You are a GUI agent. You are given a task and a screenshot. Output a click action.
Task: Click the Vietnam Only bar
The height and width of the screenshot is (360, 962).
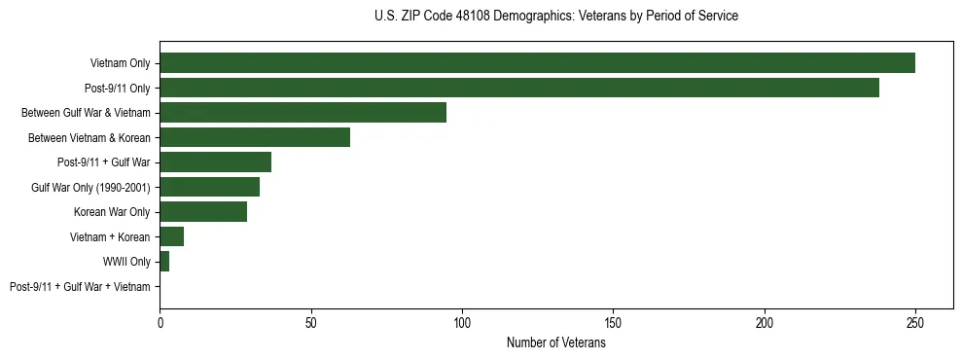537,63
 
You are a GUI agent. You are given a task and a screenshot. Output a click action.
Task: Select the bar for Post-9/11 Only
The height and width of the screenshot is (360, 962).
519,88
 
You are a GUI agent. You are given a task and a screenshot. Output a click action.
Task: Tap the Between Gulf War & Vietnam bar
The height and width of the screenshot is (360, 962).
303,113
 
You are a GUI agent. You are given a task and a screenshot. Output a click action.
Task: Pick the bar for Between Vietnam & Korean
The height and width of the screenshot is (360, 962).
255,137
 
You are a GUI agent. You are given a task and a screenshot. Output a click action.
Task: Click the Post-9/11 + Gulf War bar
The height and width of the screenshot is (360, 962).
215,162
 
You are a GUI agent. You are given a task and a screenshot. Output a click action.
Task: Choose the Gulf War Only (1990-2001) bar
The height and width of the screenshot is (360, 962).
209,187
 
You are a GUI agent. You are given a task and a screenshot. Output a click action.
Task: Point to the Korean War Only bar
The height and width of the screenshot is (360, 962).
203,212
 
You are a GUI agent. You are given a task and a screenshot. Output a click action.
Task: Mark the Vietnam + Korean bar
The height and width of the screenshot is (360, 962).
171,236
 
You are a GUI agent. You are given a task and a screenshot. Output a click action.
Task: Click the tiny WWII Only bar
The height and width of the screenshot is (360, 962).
164,262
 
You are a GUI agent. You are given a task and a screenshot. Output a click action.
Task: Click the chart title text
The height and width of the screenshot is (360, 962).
555,17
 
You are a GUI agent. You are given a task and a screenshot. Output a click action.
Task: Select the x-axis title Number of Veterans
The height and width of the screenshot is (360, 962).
555,342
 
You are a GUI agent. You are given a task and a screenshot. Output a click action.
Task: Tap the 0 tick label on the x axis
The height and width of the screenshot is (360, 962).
160,322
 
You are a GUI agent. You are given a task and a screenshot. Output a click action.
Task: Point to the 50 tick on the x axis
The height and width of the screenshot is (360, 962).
310,322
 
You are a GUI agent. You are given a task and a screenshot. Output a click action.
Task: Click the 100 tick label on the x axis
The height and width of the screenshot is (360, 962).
462,322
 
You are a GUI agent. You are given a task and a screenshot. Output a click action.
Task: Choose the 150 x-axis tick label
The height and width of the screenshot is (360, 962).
613,322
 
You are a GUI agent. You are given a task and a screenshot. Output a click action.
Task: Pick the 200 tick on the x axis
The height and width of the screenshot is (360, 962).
765,322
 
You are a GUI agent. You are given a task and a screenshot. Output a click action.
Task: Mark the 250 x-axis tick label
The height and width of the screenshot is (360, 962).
915,322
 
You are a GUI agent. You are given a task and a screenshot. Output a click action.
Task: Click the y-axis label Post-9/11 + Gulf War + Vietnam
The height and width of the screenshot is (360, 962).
80,287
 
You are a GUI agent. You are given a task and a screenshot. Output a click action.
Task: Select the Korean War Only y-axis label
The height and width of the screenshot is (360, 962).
112,212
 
